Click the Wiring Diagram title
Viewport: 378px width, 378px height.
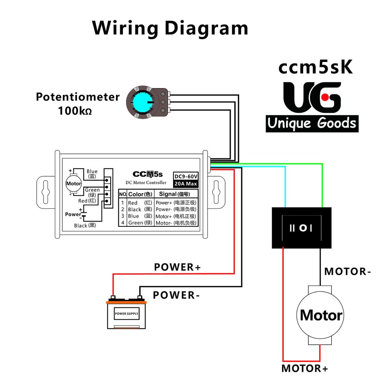pos(170,28)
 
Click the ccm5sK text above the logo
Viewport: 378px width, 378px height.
pos(316,67)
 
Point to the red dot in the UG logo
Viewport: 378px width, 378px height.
pos(324,98)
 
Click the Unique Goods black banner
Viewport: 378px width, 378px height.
pos(312,123)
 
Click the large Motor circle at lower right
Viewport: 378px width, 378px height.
pos(321,315)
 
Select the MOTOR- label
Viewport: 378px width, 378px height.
pos(345,271)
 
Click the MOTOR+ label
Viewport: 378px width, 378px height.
pos(305,368)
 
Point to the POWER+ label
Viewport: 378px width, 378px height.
pos(178,267)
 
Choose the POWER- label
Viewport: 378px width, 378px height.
pos(176,295)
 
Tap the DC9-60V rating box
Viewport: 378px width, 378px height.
pos(186,177)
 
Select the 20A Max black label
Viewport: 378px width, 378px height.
pos(186,184)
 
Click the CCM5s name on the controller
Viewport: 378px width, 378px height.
pos(147,174)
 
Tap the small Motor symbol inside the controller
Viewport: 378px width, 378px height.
pos(73,184)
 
